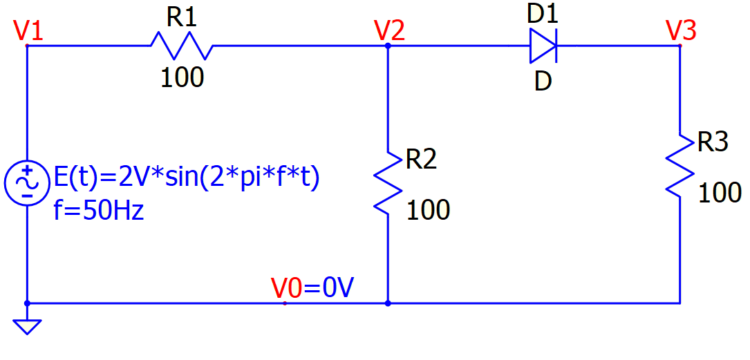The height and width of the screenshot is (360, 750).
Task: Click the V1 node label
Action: click(x=28, y=31)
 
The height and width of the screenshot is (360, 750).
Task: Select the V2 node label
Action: click(x=389, y=31)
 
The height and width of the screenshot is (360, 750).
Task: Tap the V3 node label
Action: click(x=681, y=31)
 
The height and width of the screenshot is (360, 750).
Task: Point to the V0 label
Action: click(x=287, y=288)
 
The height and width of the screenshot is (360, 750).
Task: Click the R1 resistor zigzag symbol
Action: click(x=181, y=46)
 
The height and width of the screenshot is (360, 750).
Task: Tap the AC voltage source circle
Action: click(x=26, y=181)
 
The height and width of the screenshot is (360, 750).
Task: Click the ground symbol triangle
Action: click(x=27, y=325)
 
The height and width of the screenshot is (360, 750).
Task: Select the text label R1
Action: click(x=182, y=18)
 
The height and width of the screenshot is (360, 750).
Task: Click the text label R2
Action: click(x=421, y=160)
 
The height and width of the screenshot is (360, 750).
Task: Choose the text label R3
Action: click(x=713, y=142)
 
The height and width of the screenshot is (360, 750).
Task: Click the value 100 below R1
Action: click(x=182, y=78)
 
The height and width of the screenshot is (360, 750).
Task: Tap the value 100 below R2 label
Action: click(x=428, y=209)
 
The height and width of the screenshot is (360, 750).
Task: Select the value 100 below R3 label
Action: click(x=720, y=193)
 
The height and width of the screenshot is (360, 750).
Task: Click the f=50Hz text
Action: click(x=99, y=209)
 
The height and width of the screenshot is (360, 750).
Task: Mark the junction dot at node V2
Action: click(x=388, y=46)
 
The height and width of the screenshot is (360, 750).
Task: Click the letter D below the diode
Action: click(x=543, y=82)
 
